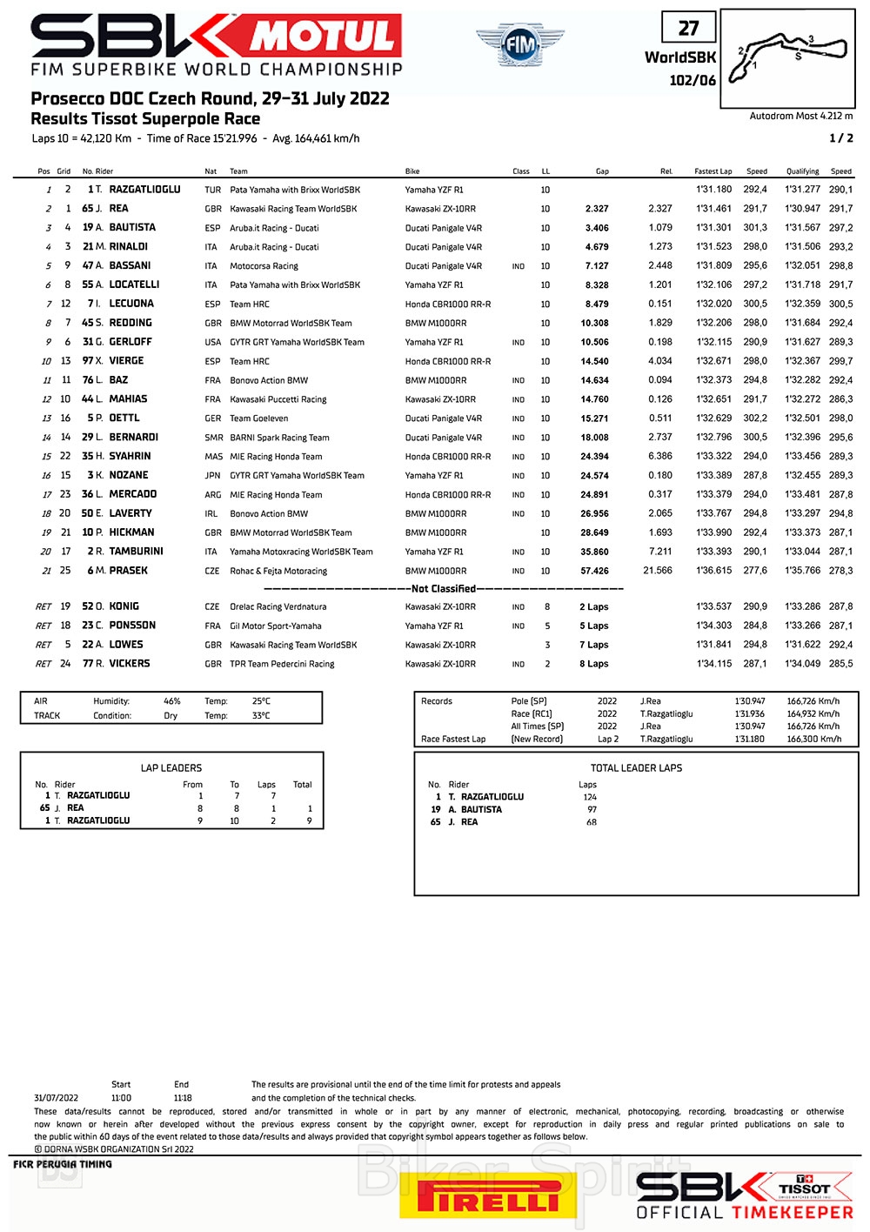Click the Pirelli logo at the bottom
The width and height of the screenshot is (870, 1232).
(x=488, y=1196)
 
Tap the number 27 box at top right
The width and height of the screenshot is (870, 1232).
(x=688, y=28)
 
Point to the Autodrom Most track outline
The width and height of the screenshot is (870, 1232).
(x=789, y=56)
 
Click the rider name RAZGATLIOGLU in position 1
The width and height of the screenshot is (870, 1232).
(x=144, y=190)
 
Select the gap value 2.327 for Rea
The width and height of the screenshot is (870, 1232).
(x=597, y=209)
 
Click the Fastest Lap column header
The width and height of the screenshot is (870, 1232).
(x=713, y=171)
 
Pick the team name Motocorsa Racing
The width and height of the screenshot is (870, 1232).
(x=264, y=266)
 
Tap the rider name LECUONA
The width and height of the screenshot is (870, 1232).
(x=131, y=304)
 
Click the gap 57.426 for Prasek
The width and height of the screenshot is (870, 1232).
(x=594, y=571)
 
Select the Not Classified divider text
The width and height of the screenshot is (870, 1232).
(x=443, y=589)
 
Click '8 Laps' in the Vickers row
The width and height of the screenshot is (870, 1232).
(x=594, y=664)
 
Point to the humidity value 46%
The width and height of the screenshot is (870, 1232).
(x=172, y=701)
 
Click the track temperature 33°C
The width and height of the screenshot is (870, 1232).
(x=261, y=716)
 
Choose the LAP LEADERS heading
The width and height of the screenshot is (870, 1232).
(x=171, y=768)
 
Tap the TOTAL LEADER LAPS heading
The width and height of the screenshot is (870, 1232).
(x=636, y=768)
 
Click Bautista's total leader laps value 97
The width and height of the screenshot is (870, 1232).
(x=592, y=809)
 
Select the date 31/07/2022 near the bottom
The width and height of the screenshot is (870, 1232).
(x=56, y=1098)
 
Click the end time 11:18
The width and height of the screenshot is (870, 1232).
(x=183, y=1098)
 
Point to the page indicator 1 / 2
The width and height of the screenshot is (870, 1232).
(x=840, y=138)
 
